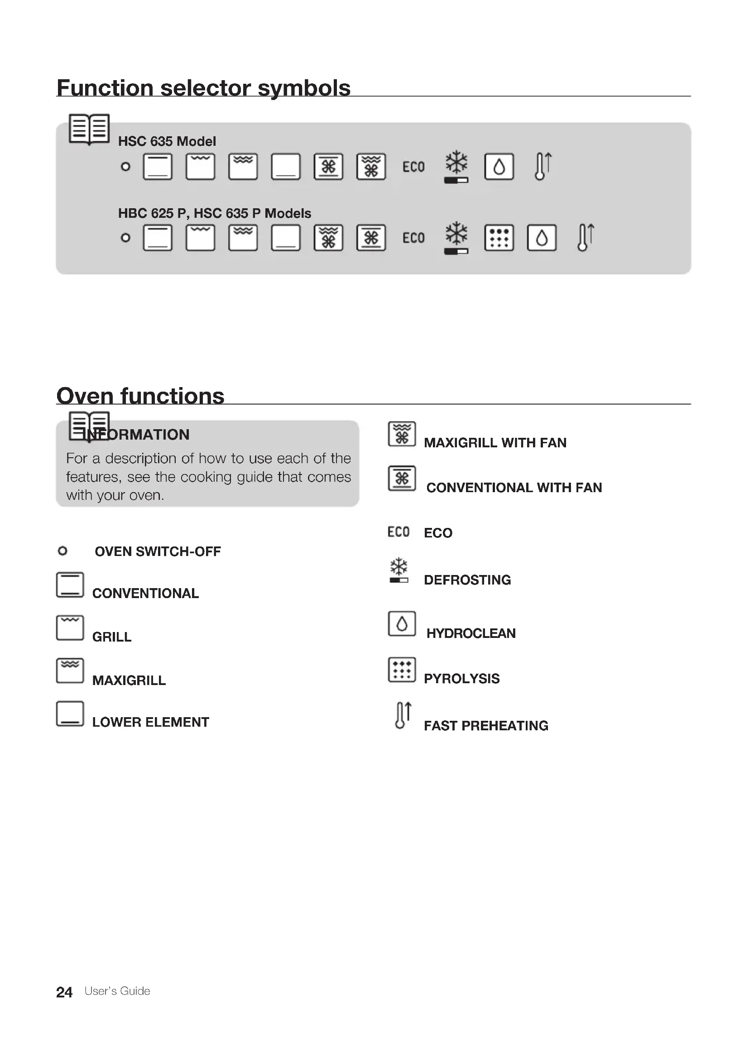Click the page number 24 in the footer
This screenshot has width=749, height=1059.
[x=64, y=992]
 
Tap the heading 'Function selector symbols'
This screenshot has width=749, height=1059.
[x=203, y=88]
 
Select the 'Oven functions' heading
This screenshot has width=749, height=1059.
[x=140, y=396]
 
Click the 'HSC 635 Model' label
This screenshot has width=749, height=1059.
[x=167, y=141]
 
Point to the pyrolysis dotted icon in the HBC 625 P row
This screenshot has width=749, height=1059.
[x=499, y=238]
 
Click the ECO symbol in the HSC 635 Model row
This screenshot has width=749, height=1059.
[x=413, y=167]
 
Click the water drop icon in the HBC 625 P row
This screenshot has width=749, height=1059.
[x=542, y=238]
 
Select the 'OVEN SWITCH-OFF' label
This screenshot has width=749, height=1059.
[x=158, y=551]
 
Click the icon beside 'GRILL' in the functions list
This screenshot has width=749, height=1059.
[x=70, y=628]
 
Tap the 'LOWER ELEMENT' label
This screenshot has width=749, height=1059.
[x=150, y=722]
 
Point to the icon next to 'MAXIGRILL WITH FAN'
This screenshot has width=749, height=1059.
[x=402, y=434]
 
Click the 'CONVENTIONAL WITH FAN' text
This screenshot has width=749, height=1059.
[x=514, y=488]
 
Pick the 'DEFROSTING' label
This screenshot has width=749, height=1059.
[x=467, y=580]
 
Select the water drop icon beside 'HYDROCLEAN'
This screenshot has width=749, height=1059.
[x=402, y=623]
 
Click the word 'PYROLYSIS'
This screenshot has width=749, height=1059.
[x=461, y=679]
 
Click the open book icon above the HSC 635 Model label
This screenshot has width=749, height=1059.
[x=89, y=129]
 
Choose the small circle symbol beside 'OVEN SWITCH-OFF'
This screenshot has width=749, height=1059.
[x=62, y=551]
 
